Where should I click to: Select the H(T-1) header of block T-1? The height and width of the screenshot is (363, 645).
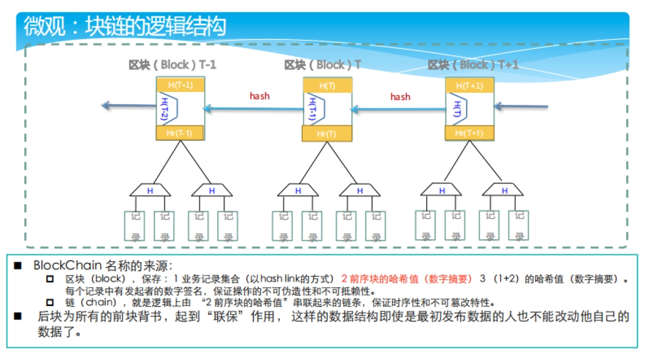tap(180, 85)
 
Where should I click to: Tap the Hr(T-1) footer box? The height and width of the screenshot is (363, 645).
tap(180, 133)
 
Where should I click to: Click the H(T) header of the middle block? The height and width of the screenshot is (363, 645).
tap(327, 86)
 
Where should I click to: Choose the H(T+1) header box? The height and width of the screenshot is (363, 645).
tap(469, 86)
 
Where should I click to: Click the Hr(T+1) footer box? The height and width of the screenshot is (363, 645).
tap(469, 133)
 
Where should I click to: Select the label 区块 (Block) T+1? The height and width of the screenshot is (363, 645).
tap(473, 65)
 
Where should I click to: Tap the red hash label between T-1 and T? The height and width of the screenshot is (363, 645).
tap(260, 96)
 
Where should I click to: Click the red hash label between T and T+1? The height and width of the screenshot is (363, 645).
tap(400, 97)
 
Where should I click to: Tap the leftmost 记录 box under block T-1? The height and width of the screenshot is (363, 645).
tap(135, 226)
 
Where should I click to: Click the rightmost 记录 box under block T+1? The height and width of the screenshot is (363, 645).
tap(519, 225)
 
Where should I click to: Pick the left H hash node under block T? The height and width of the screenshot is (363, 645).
tap(298, 190)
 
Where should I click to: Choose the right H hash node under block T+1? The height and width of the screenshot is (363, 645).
tap(504, 190)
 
